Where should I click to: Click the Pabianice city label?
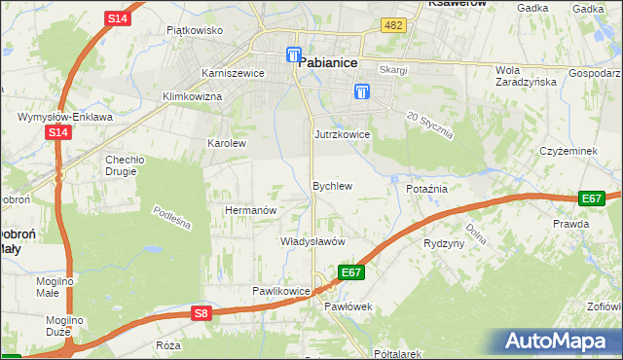tap(328, 61)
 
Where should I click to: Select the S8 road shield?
tap(201, 312)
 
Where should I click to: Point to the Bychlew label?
tap(331, 185)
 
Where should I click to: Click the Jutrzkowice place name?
tap(342, 134)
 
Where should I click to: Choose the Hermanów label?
tap(251, 210)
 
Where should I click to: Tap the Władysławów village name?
tap(313, 240)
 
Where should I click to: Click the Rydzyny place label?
tap(444, 243)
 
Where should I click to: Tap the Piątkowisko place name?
tap(195, 30)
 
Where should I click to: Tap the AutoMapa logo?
tap(560, 342)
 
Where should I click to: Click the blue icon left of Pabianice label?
tap(292, 55)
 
